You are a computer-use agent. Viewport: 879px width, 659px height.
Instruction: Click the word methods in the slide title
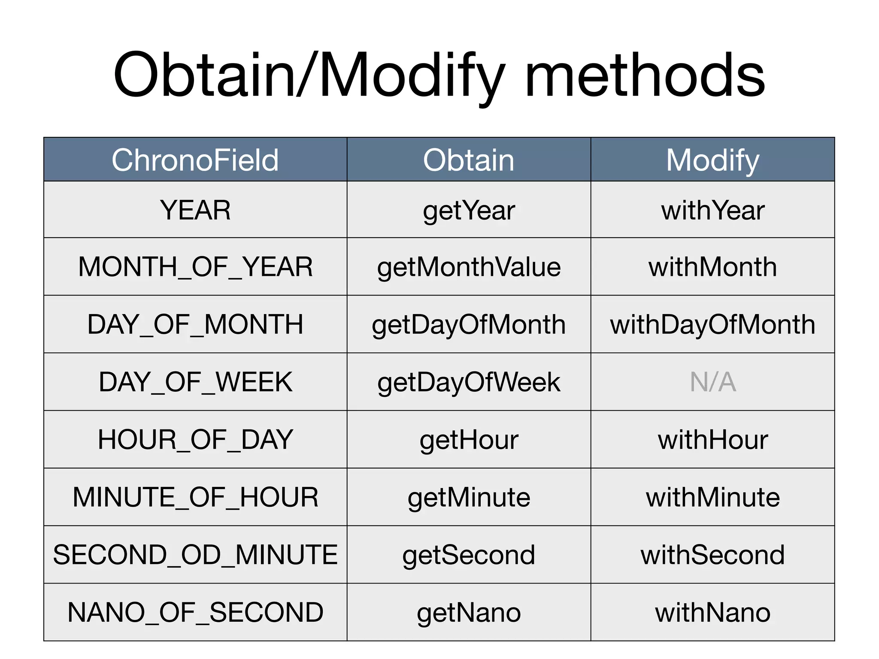[x=645, y=76]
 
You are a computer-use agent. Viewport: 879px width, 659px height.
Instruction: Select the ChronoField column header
[x=195, y=160]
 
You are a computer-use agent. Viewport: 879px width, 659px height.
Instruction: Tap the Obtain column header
[x=468, y=160]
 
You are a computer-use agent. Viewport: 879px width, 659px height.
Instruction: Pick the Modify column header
[x=712, y=160]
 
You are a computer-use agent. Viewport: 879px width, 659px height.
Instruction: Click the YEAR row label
[x=195, y=210]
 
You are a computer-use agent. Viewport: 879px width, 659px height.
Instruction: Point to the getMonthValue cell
[x=468, y=267]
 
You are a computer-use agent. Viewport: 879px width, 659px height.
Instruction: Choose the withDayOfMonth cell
[x=712, y=324]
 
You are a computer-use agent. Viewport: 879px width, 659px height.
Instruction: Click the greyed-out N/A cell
[x=712, y=382]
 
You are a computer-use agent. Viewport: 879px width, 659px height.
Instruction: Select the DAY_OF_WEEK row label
[x=195, y=382]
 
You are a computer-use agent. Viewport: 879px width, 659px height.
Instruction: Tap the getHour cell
[x=468, y=440]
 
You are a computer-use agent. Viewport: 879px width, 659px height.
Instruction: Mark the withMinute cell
[x=712, y=497]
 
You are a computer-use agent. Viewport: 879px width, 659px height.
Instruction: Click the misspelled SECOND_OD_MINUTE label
[x=195, y=555]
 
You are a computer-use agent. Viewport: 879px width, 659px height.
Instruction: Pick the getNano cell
[x=468, y=612]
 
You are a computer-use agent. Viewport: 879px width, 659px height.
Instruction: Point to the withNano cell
[x=712, y=612]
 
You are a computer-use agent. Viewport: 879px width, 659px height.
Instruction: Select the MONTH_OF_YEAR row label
[x=195, y=267]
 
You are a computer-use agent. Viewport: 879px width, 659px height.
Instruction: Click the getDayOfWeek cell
[x=468, y=382]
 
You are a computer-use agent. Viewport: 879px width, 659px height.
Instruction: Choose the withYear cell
[x=712, y=210]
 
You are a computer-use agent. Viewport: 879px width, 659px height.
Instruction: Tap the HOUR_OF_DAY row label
[x=195, y=440]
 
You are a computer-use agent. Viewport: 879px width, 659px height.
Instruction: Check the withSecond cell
[x=712, y=555]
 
